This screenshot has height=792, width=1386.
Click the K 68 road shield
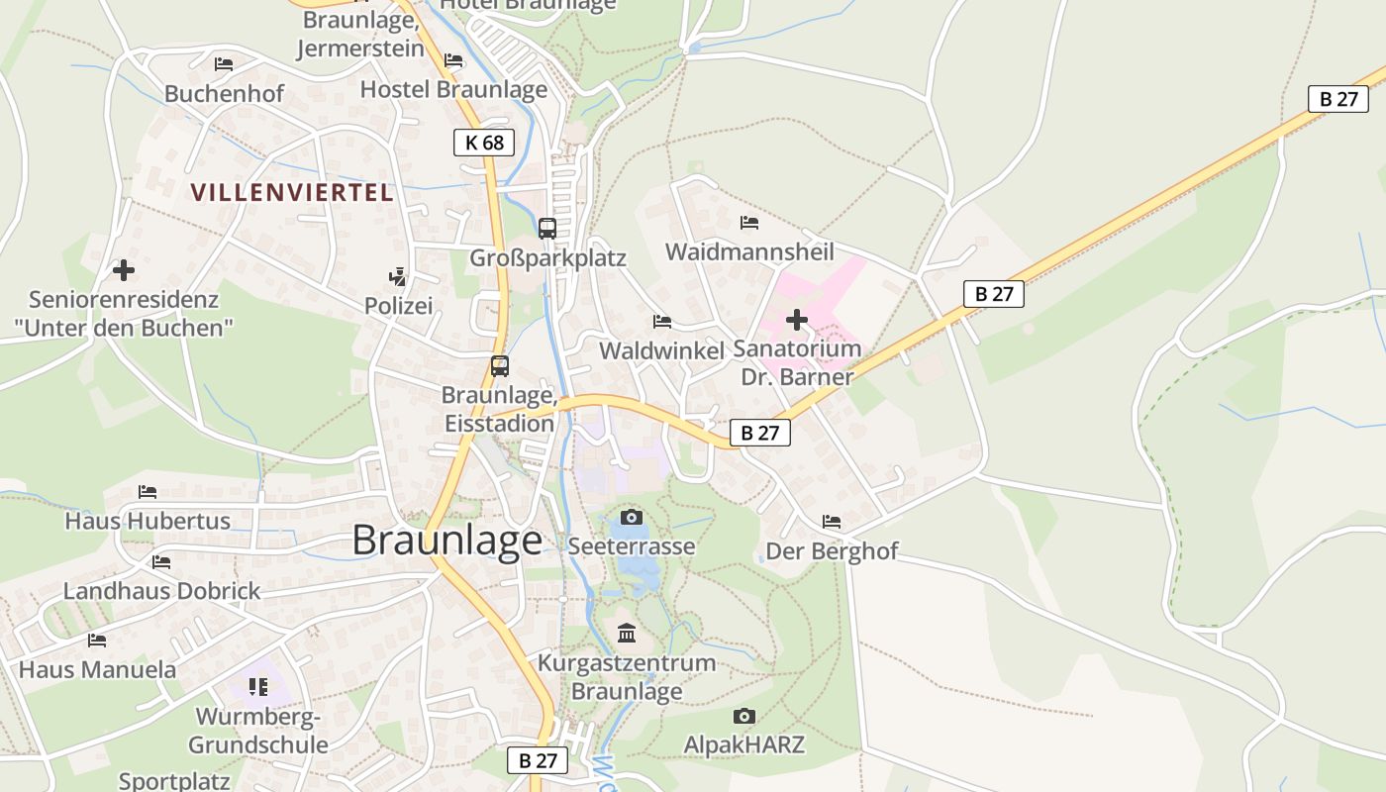[485, 143]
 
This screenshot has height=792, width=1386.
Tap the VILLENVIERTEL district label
[292, 192]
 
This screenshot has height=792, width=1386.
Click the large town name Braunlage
[446, 541]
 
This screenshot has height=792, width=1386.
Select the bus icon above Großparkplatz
[546, 229]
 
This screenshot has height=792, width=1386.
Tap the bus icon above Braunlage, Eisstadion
[500, 366]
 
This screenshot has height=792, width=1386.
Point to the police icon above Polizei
[398, 277]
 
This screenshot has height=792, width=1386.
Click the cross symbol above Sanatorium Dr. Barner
[797, 320]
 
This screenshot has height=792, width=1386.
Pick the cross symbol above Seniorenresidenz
[124, 269]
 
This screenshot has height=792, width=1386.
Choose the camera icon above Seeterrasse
[631, 517]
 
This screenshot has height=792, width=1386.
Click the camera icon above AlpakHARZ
[744, 716]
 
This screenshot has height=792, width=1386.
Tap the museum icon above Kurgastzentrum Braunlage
[627, 633]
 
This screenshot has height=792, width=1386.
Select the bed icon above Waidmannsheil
[749, 223]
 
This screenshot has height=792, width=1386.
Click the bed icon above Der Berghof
[832, 522]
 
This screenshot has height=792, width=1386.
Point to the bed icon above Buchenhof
[224, 64]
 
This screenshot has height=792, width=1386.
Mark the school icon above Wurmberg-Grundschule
[258, 686]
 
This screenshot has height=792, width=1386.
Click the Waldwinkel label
[662, 350]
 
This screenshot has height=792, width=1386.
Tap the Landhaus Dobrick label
[161, 591]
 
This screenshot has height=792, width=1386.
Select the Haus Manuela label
[97, 669]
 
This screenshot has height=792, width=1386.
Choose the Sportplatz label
[174, 781]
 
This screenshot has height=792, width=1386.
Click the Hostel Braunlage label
[453, 89]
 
